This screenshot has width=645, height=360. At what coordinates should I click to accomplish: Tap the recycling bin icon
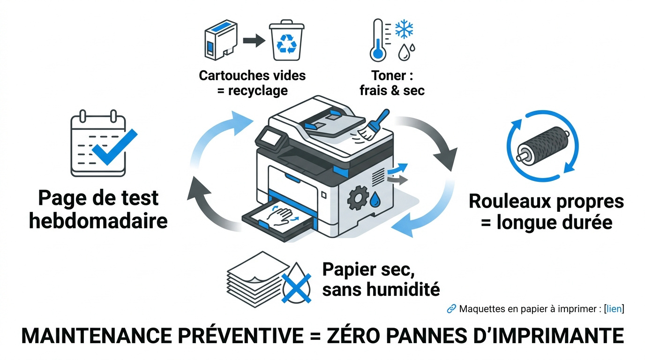286,40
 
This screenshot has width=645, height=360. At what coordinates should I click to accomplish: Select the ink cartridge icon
221,40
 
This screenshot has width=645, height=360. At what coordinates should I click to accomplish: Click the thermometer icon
378,40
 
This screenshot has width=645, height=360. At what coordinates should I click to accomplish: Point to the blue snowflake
404,29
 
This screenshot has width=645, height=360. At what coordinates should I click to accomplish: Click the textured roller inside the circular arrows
542,146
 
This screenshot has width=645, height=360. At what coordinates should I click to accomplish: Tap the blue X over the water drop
296,288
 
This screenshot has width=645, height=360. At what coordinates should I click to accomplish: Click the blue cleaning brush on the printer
373,125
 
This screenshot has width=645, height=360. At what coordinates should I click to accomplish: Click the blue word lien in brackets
614,309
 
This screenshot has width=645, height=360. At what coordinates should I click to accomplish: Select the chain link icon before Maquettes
451,308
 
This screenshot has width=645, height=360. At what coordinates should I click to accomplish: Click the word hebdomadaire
98,221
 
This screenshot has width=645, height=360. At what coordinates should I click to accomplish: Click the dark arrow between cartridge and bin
254,40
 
